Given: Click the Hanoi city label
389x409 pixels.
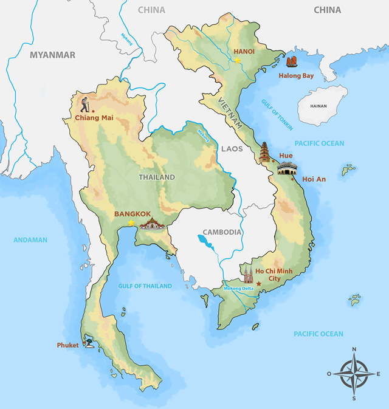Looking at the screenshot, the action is click(x=244, y=52).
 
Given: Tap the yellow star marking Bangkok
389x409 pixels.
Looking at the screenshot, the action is click(x=131, y=223).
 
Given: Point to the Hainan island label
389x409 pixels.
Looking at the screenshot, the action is click(x=318, y=106).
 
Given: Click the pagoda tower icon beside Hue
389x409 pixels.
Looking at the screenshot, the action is click(x=264, y=152).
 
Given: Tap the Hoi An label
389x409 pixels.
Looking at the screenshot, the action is click(x=314, y=179).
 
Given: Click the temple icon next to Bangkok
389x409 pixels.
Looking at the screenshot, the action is click(x=153, y=224).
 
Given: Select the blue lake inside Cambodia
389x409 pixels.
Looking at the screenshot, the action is click(x=206, y=243).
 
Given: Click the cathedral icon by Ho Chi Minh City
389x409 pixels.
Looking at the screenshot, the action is click(x=248, y=274).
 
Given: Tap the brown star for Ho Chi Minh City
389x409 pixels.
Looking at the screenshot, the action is click(x=259, y=284).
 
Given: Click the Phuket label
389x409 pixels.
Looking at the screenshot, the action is click(x=68, y=345).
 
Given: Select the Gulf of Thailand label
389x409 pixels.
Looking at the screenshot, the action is click(x=145, y=286).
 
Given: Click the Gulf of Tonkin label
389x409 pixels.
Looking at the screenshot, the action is click(x=277, y=114).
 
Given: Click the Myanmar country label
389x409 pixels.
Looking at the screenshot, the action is click(x=53, y=55).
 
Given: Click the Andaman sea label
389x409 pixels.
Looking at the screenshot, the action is click(x=30, y=239).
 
